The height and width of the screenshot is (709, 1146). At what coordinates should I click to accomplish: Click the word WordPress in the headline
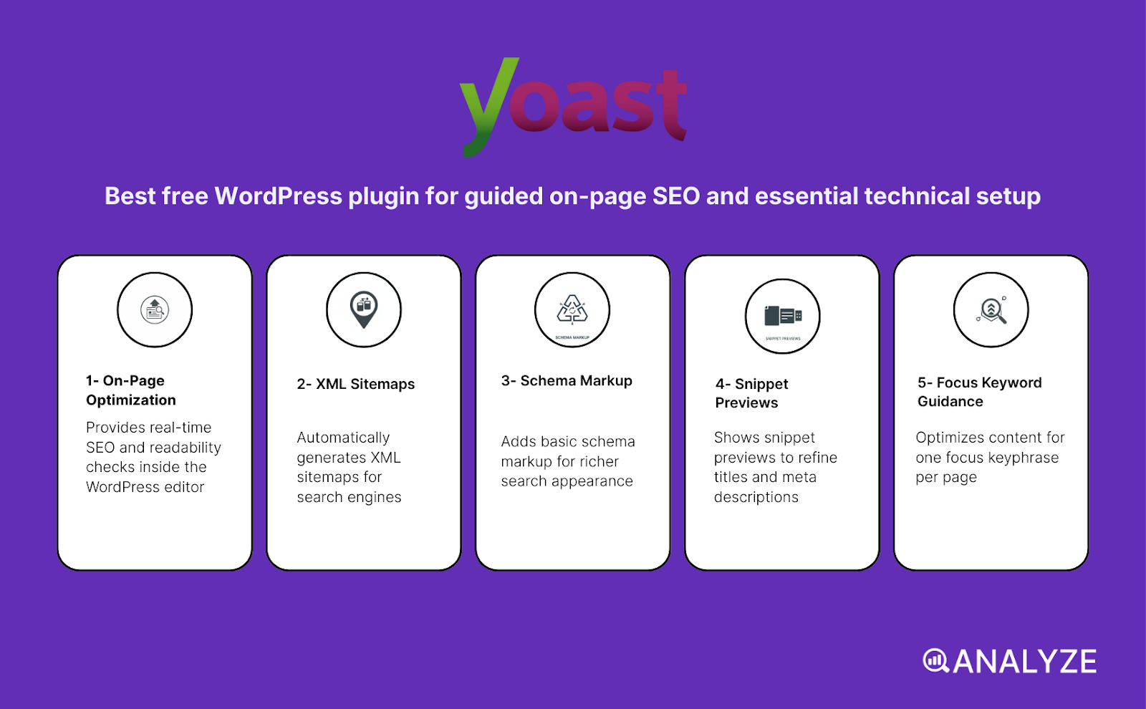279,196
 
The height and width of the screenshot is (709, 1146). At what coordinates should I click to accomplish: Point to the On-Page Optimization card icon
155,310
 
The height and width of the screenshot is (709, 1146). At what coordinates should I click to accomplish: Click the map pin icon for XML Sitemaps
364,309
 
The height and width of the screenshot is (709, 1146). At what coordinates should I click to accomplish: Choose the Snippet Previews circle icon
782,316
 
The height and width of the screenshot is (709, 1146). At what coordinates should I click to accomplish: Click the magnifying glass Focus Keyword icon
991,310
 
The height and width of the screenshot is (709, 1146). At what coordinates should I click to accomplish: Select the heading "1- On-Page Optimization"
131,390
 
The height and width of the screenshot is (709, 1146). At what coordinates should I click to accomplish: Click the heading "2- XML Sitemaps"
356,384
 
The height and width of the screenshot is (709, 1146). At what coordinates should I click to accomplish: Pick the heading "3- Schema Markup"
567,381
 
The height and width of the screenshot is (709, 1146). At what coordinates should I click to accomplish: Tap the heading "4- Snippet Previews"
751,393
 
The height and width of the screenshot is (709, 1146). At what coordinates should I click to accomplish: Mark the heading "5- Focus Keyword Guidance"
979,392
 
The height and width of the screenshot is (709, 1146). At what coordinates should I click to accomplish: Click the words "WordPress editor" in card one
145,487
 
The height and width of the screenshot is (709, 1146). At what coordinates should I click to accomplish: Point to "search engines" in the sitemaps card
349,497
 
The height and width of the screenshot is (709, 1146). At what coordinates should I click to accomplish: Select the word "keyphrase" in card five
1023,458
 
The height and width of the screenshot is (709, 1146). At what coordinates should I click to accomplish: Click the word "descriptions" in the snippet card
756,497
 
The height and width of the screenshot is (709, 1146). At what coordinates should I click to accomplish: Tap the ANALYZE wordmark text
1025,662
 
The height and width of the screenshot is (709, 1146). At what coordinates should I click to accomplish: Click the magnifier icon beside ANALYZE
935,660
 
